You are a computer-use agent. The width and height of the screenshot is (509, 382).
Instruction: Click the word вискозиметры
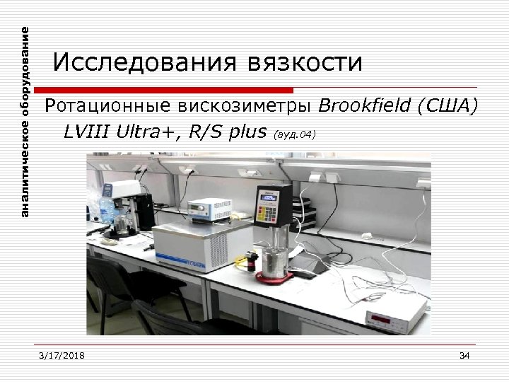point(242,107)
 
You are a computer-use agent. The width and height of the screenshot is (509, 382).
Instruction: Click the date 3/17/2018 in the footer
point(62,355)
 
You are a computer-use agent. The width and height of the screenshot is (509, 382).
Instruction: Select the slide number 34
point(464,355)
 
